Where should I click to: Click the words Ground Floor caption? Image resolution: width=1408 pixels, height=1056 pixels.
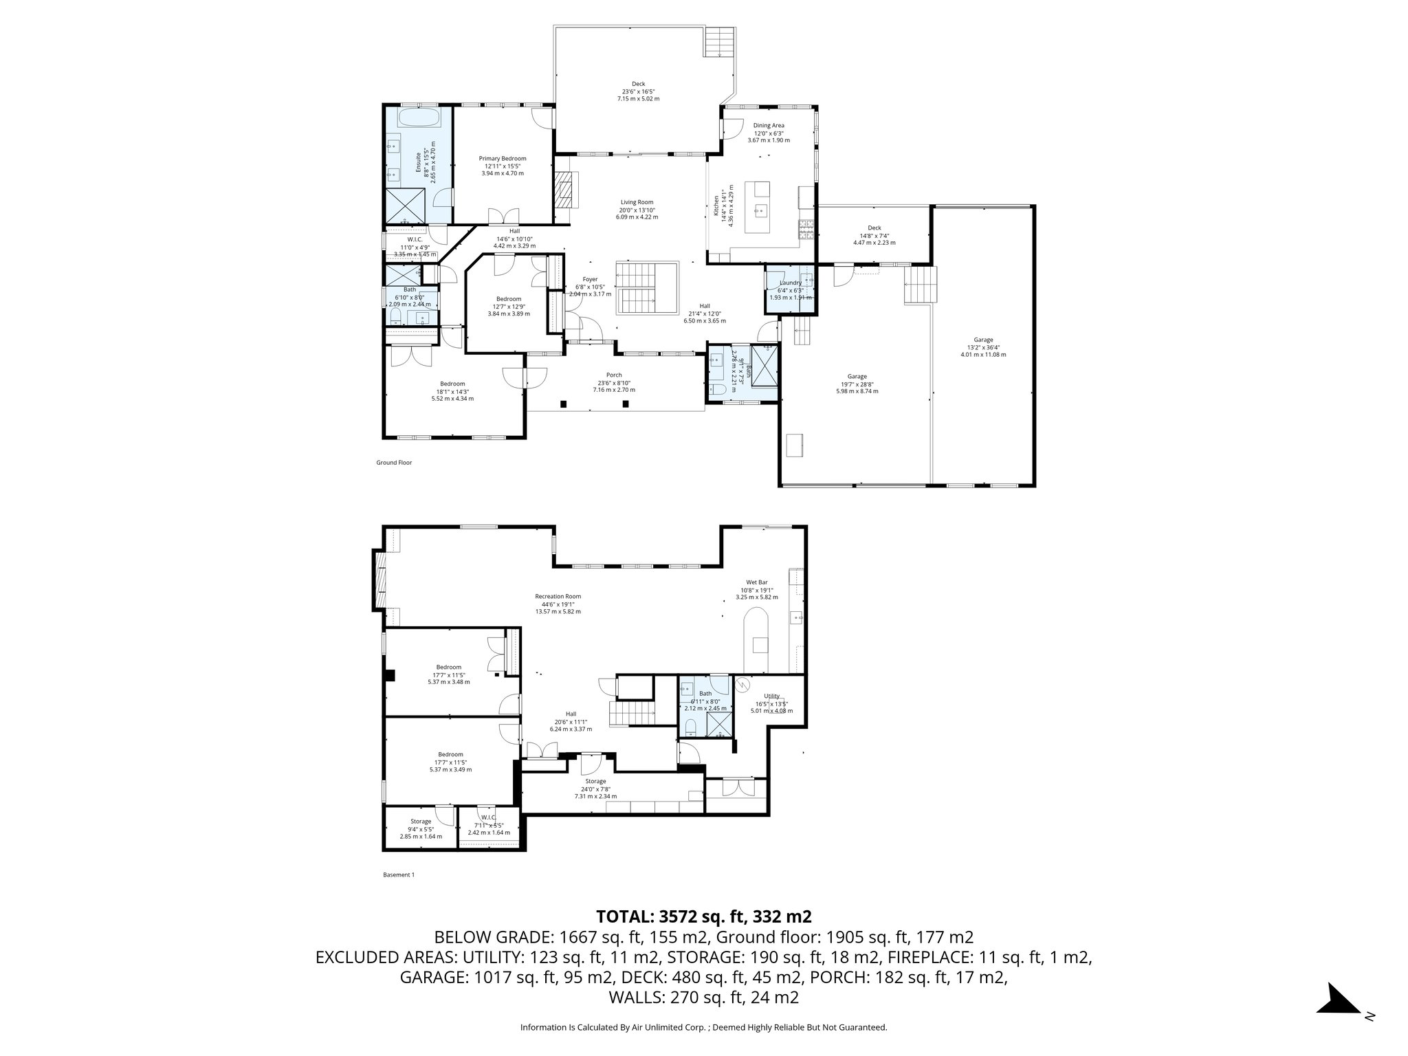pyautogui.click(x=394, y=463)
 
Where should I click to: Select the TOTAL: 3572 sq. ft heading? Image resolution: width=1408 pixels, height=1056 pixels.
pyautogui.click(x=704, y=916)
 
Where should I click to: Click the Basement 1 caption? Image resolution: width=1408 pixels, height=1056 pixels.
pyautogui.click(x=399, y=875)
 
